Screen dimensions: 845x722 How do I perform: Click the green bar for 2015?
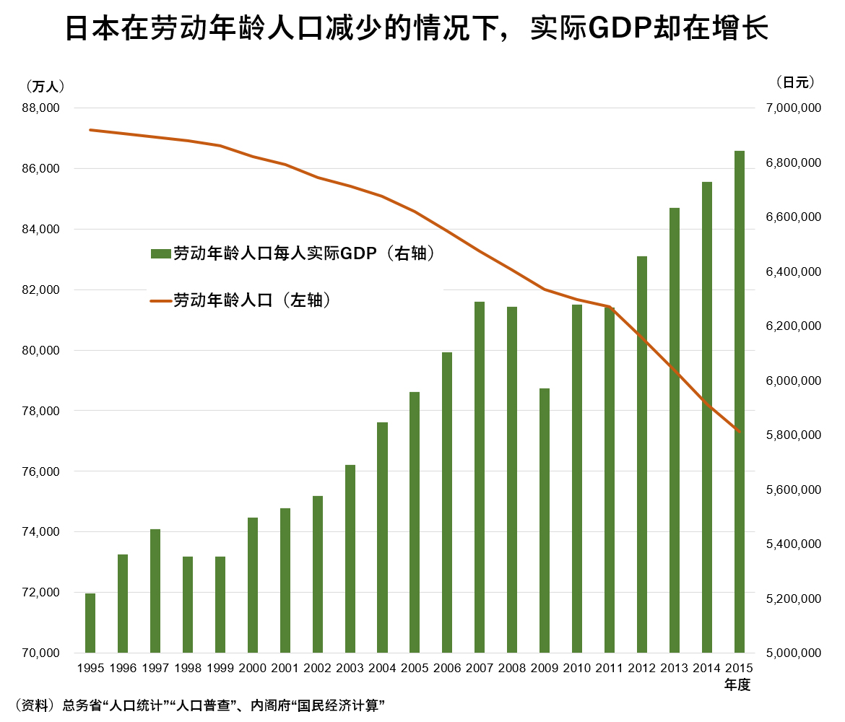(x=740, y=402)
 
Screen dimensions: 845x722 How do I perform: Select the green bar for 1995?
(x=90, y=623)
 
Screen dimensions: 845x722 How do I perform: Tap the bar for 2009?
(x=545, y=521)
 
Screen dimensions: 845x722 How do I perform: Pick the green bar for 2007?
(x=480, y=477)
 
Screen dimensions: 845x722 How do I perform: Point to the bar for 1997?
(x=155, y=591)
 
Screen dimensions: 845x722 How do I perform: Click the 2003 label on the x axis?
(x=350, y=668)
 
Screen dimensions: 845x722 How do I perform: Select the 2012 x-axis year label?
(x=642, y=668)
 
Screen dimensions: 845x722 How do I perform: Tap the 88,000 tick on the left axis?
(x=41, y=108)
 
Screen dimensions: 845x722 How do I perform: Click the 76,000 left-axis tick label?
(x=41, y=471)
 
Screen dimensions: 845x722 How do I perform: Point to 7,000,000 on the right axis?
(x=793, y=108)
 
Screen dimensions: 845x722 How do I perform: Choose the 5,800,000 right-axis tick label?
(x=793, y=435)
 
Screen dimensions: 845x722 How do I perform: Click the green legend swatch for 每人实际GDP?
(x=160, y=253)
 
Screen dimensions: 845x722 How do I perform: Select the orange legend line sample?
(x=160, y=300)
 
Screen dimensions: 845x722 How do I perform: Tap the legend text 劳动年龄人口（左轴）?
(x=252, y=300)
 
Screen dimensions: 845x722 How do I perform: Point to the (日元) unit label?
(x=795, y=82)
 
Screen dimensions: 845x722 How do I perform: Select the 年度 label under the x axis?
(x=737, y=685)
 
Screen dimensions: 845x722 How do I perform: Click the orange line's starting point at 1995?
(x=90, y=130)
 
